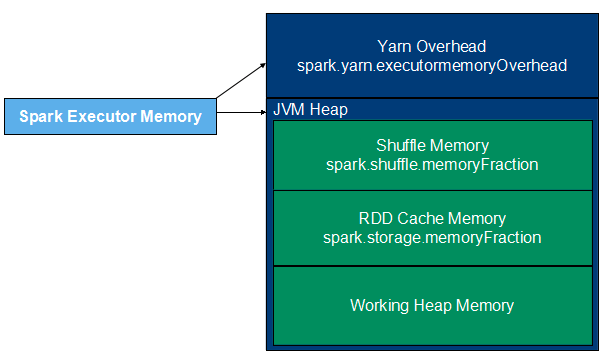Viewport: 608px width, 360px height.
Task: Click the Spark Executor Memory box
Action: [x=111, y=116]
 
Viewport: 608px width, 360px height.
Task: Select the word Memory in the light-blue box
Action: [x=171, y=117]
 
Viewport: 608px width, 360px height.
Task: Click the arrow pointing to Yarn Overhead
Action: [x=241, y=81]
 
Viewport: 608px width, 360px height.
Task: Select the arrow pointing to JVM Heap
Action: [x=242, y=112]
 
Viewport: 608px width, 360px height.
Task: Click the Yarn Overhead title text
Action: [x=432, y=47]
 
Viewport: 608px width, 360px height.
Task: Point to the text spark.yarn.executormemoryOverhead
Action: [x=432, y=66]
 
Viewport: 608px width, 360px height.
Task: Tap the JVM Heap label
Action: [x=311, y=110]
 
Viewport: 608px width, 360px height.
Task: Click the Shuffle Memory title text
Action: [x=432, y=145]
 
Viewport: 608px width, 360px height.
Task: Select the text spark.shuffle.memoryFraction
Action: [x=432, y=165]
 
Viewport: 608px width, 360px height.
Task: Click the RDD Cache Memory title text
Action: [x=432, y=218]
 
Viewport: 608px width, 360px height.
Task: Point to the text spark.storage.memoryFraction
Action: [x=432, y=238]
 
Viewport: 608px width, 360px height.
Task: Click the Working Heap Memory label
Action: [x=432, y=306]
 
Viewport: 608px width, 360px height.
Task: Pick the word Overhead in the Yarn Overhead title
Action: [x=451, y=47]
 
